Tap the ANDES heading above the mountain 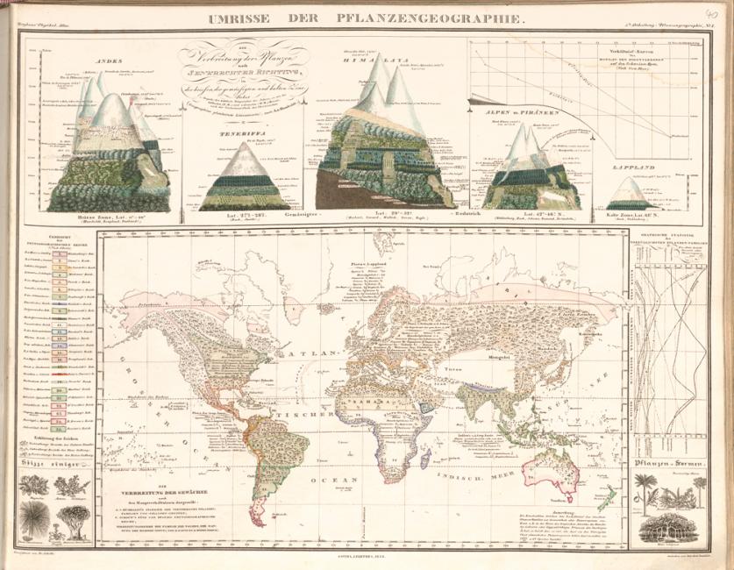click(106, 60)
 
